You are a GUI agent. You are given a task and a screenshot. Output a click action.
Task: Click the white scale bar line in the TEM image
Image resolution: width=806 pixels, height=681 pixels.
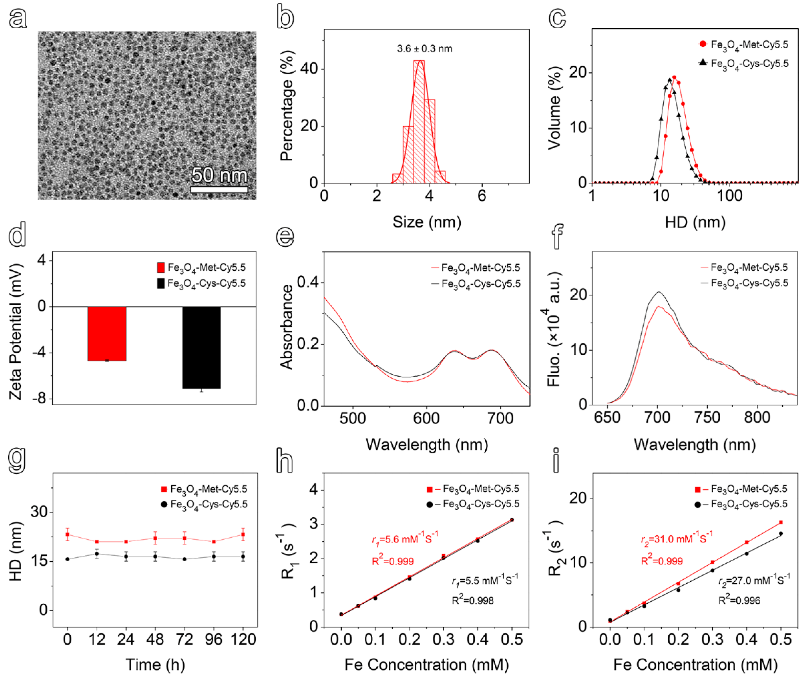(x=219, y=190)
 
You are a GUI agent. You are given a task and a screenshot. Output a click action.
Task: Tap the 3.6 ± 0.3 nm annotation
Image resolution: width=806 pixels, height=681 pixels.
(x=424, y=49)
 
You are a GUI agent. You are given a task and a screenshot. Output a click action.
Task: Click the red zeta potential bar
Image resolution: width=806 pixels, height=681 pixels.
(x=107, y=334)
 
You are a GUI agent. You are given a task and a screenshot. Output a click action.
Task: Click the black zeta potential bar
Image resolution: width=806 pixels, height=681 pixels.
(x=201, y=347)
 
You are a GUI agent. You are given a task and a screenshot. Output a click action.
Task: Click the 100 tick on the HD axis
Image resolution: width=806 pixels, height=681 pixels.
(x=729, y=196)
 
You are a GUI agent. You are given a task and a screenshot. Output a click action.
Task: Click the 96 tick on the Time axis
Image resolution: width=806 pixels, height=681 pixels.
(x=213, y=640)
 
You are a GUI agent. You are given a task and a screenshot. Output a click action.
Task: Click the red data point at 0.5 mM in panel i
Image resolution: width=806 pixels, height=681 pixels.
(x=781, y=522)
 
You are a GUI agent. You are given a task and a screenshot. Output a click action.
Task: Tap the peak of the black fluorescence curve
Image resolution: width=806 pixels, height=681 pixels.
(x=659, y=292)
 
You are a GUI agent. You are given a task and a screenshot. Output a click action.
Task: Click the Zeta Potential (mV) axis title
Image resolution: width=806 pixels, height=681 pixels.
(x=15, y=332)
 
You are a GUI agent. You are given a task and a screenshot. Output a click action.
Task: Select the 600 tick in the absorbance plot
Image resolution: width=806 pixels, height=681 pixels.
(x=426, y=418)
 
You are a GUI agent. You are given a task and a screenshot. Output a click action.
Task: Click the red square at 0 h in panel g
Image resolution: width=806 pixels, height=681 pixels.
(x=68, y=535)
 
